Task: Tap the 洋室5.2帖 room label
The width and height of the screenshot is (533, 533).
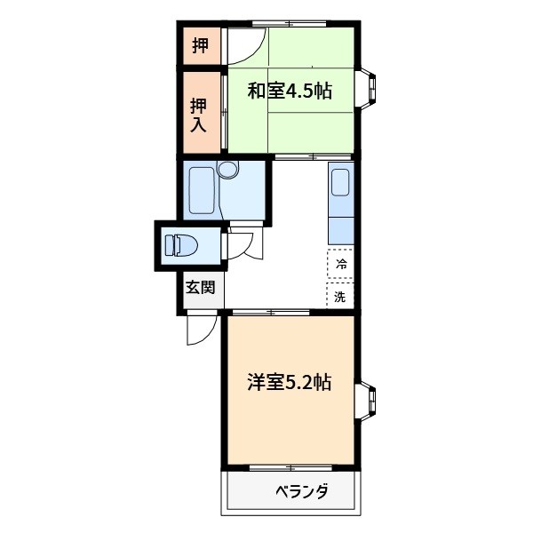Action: (x=290, y=383)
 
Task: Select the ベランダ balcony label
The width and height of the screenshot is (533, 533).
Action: (x=301, y=491)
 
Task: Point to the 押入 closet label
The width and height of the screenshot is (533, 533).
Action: (x=199, y=114)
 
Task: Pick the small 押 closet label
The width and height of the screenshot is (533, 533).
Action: (x=201, y=44)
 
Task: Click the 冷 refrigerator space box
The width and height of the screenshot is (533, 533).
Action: (x=341, y=263)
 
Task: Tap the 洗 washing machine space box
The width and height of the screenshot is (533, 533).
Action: (x=341, y=296)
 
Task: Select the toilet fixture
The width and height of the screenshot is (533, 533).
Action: (x=183, y=244)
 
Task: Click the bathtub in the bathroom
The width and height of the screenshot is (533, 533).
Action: (x=201, y=189)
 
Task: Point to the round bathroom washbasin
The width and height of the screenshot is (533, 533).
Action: (x=229, y=169)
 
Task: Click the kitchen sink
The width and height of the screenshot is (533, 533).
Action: (x=341, y=186)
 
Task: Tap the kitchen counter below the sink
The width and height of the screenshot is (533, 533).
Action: (x=341, y=227)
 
